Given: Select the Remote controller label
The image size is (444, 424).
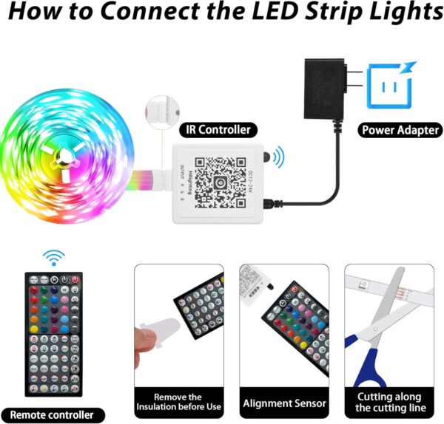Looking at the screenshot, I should point(52,414).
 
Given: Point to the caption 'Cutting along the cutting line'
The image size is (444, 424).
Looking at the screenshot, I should point(390,403).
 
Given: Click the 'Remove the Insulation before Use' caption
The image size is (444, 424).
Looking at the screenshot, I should point(178,403).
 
